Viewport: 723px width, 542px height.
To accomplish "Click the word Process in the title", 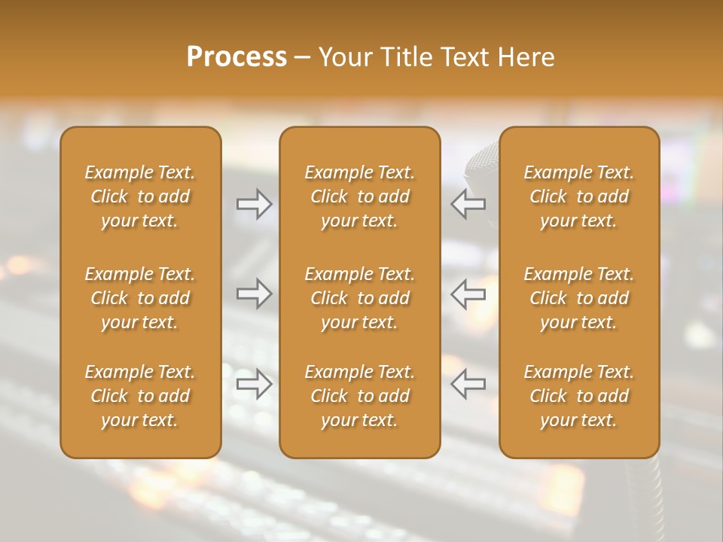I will point(236,57).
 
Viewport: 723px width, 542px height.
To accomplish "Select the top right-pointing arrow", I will point(254,204).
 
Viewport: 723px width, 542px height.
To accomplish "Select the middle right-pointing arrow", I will point(254,294).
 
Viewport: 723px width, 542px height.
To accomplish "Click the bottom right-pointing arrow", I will point(254,384).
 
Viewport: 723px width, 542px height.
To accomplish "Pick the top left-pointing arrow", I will point(468,204).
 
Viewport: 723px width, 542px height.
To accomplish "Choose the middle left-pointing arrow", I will point(468,294).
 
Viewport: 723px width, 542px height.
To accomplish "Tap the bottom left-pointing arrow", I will point(468,384).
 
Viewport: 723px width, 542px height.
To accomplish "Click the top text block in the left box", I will point(140,196).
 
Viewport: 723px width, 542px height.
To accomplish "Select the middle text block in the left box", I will point(140,298).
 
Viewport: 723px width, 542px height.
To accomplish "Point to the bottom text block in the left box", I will point(140,396).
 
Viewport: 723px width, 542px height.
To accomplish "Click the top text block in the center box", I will point(359,196).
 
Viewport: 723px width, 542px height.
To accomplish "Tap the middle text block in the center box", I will point(359,298).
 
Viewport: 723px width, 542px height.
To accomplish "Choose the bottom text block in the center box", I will point(359,396).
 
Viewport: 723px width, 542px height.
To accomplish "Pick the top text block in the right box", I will point(578,196).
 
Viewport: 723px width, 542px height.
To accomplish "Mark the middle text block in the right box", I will point(578,298).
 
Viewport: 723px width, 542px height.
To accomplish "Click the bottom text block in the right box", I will point(578,396).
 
